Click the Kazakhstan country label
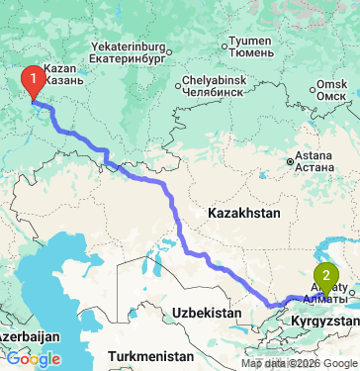(x=244, y=213)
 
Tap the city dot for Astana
(x=290, y=161)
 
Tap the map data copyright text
(x=296, y=364)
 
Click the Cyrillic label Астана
(x=315, y=167)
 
